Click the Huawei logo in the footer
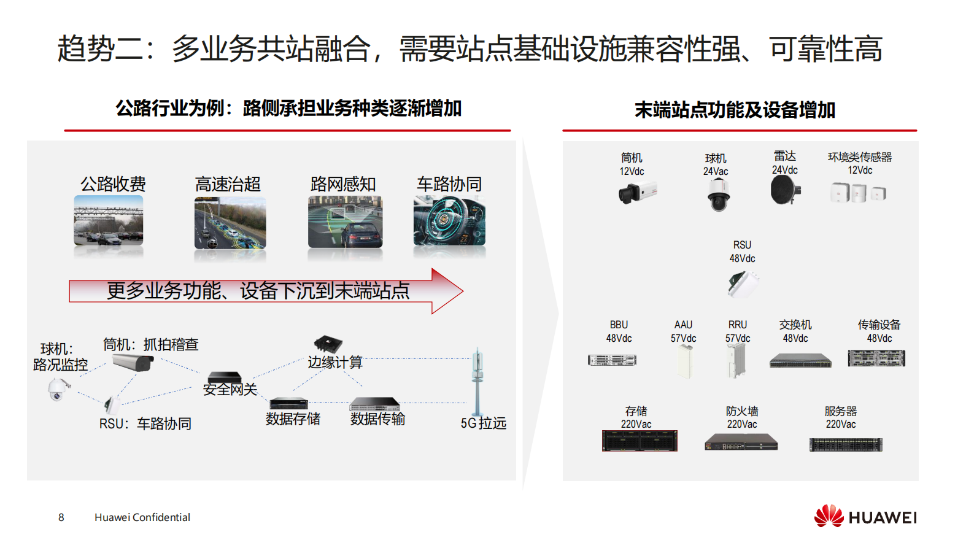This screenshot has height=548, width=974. coord(865,516)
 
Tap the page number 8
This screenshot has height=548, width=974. coord(61,517)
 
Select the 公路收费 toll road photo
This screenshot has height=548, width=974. coord(109,221)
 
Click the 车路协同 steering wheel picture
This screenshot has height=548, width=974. coord(449,221)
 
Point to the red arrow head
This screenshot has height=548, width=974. coord(447,291)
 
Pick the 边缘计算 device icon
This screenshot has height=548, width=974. coord(328,344)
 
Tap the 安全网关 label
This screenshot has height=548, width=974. coord(230,390)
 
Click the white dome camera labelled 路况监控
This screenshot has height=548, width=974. coord(58,389)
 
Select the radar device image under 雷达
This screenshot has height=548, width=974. coord(785,190)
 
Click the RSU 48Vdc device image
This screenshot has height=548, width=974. coord(743,284)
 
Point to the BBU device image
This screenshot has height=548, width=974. coord(612,360)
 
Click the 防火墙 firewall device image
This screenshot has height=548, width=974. coord(741,442)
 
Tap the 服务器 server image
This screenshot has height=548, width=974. coord(846,444)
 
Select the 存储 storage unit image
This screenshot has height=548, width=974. coord(640,441)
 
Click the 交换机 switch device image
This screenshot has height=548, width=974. coord(800,361)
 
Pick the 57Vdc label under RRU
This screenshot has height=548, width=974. coord(738,338)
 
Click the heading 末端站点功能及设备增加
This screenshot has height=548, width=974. coord(735,110)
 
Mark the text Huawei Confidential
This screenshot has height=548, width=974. coord(142,517)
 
